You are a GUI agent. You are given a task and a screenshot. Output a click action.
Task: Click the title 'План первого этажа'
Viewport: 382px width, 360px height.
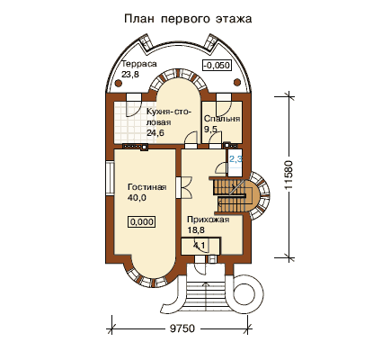[188, 19]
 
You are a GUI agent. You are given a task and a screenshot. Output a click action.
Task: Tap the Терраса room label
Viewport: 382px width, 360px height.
[139, 64]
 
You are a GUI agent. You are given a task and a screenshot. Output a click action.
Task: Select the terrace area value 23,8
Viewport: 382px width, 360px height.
[130, 74]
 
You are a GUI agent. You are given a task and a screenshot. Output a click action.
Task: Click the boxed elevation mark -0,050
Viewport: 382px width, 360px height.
[218, 65]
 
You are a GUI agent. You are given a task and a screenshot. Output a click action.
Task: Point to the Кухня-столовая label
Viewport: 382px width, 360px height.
[169, 117]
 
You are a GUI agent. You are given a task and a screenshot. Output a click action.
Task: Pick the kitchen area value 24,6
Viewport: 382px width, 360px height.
[155, 132]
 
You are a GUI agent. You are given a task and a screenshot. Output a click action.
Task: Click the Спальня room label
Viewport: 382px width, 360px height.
[222, 119]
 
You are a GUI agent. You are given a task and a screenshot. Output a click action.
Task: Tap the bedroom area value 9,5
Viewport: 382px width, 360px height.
[210, 129]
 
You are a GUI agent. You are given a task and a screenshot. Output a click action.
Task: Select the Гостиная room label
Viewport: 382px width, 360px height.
[147, 187]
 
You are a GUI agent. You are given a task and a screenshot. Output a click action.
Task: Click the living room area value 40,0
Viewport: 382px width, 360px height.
[137, 198]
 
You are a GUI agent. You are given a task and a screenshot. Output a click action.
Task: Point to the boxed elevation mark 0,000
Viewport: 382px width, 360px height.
[142, 222]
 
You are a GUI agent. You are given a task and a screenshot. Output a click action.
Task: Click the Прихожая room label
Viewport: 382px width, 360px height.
[209, 220]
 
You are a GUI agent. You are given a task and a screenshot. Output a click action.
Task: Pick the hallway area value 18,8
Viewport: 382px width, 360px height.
[196, 230]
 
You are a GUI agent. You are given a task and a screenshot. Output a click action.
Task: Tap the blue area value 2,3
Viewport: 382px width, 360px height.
[235, 159]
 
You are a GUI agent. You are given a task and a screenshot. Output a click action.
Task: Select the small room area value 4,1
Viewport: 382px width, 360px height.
[200, 246]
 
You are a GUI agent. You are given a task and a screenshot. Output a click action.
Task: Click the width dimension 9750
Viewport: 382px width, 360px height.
[182, 328]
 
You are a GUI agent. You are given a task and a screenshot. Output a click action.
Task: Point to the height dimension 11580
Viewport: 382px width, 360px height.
[289, 175]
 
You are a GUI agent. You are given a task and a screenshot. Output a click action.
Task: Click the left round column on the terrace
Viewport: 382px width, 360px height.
[119, 83]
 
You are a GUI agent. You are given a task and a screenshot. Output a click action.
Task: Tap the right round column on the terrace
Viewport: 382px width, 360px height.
[237, 82]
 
